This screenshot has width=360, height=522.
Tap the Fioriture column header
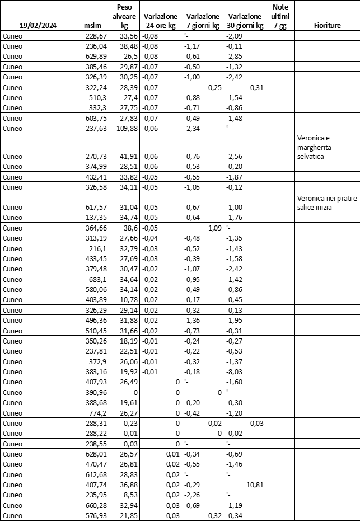tap(328, 26)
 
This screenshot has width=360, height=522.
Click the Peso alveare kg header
tap(125, 16)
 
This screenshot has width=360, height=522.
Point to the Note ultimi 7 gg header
tap(279, 16)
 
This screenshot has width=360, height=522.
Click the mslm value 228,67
tap(95, 36)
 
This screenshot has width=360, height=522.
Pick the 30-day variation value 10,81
tap(255, 485)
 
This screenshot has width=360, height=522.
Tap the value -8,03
tap(234, 371)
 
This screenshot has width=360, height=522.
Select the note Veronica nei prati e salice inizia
tap(320, 203)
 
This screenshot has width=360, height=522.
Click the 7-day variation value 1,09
tap(214, 228)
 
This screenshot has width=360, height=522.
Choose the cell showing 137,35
tap(95, 217)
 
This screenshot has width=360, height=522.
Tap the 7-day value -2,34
tap(194, 128)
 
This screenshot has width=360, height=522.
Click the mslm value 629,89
tap(95, 57)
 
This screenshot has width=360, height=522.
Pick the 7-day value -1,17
tap(194, 46)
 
